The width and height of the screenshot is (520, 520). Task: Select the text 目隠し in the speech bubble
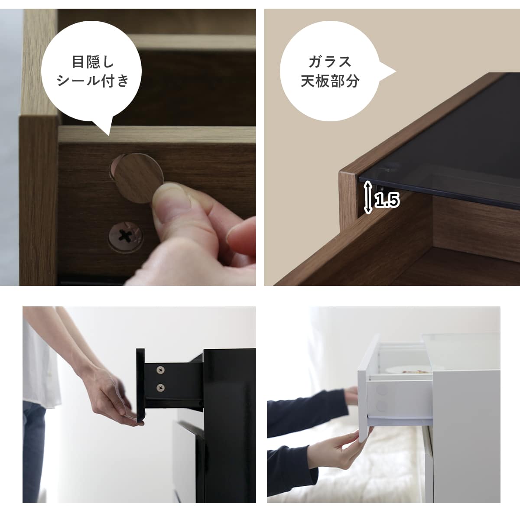click(93, 62)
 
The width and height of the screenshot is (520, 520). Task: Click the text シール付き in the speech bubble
click(93, 81)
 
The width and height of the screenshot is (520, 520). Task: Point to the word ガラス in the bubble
click(330, 62)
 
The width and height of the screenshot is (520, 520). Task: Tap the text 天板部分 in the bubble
click(330, 81)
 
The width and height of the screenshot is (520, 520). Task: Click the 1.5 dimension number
click(387, 201)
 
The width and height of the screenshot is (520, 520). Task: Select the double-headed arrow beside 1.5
click(368, 197)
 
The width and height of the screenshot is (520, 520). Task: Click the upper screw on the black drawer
click(161, 370)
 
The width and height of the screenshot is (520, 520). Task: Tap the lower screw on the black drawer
click(161, 387)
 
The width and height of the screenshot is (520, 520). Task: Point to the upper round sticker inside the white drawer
click(382, 390)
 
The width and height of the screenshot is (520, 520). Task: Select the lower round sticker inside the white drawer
click(382, 406)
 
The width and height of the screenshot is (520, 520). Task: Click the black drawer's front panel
click(140, 383)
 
